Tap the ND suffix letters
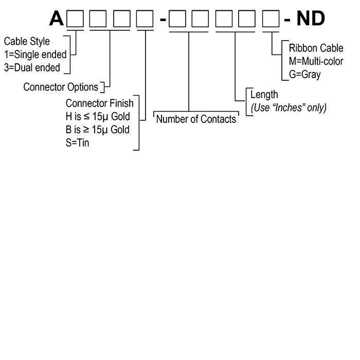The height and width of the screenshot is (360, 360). (x=311, y=19)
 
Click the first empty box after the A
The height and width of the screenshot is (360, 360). (x=76, y=19)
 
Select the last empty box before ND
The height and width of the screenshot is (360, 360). (x=271, y=19)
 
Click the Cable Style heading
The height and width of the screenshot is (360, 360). (x=27, y=42)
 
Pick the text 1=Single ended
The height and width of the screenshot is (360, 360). (x=35, y=55)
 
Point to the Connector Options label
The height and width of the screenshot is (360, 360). (x=61, y=87)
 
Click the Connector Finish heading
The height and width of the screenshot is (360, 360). (x=99, y=103)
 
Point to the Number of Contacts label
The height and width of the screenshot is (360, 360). (x=196, y=119)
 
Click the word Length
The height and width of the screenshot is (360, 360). (x=264, y=95)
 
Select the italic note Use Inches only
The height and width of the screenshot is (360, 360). (x=289, y=107)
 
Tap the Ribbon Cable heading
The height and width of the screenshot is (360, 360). (x=316, y=49)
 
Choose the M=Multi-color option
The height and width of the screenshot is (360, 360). (x=316, y=62)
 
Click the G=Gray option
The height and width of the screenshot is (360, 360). (x=304, y=75)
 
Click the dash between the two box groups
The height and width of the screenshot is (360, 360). (x=163, y=20)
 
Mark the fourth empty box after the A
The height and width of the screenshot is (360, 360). (x=145, y=19)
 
